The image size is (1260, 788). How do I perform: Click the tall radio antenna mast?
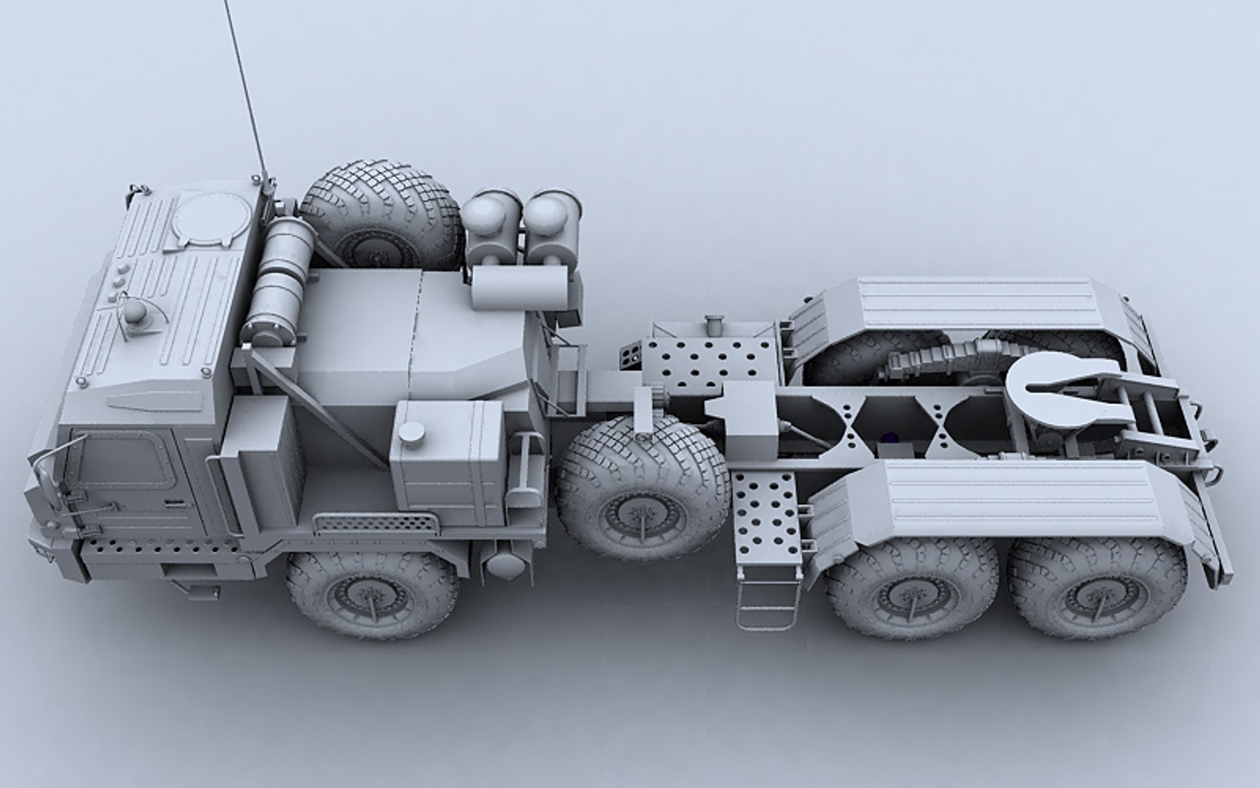pos(248,88)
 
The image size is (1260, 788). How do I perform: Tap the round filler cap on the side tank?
pos(413,431)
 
